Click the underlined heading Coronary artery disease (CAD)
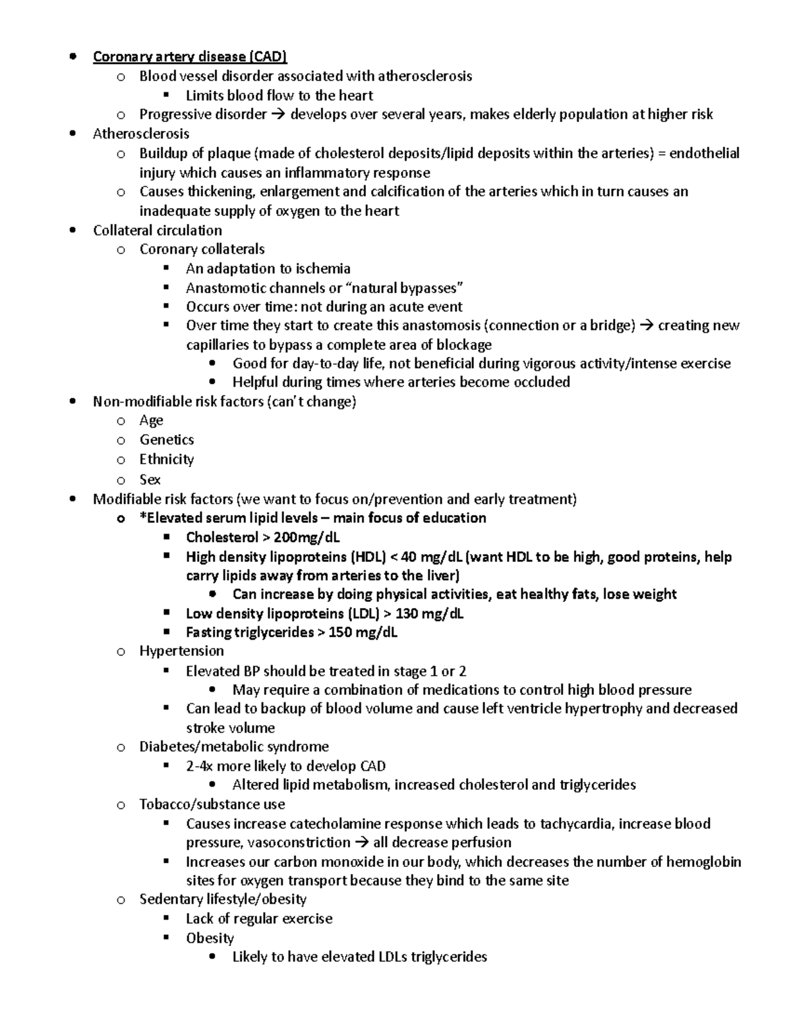click(x=190, y=57)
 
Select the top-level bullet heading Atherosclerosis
click(x=141, y=134)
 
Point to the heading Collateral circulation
click(x=158, y=231)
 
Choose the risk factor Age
click(x=151, y=420)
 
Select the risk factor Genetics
click(x=166, y=439)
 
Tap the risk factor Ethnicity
click(x=166, y=459)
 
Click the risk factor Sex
click(x=150, y=480)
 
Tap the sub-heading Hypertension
click(x=181, y=651)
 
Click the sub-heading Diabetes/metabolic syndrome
click(x=234, y=746)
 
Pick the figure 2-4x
click(x=200, y=766)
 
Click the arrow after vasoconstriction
click(x=362, y=843)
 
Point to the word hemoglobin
click(x=703, y=862)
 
